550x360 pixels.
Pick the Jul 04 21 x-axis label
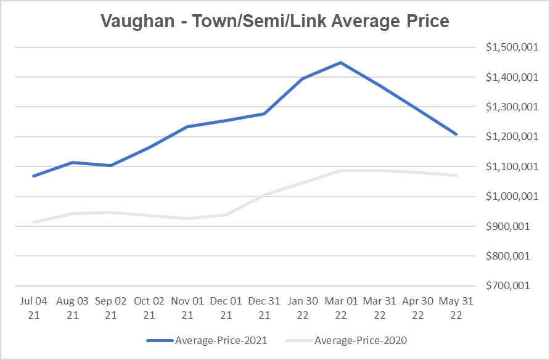coord(33,308)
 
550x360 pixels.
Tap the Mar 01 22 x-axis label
coord(340,308)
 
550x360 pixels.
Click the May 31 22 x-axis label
coord(456,308)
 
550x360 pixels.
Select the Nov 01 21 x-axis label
coord(187,308)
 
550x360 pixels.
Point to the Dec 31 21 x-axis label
coord(265,308)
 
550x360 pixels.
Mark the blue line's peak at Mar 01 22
coord(340,63)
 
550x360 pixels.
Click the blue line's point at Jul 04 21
coord(33,176)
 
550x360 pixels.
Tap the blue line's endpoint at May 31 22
coord(456,134)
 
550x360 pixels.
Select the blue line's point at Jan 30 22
coord(302,79)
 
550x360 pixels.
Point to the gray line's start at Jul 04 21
coord(33,222)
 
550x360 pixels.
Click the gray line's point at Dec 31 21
coord(265,195)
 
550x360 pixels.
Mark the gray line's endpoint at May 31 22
coord(456,176)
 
